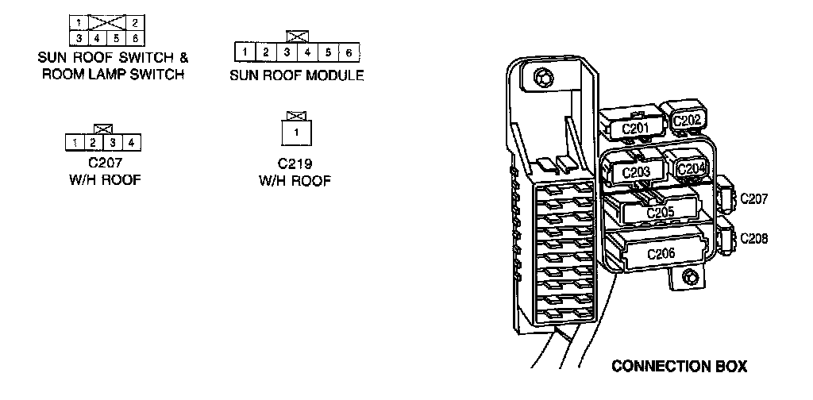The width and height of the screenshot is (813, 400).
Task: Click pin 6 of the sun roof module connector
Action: pos(349,52)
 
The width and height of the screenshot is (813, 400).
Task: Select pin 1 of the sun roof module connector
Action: pos(247,52)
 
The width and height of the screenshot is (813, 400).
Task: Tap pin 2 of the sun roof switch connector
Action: pos(135,23)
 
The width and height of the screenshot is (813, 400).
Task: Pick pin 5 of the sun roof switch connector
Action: pos(116,37)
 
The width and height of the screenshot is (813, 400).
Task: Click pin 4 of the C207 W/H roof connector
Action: pos(132,143)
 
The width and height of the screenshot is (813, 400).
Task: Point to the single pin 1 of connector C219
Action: pos(296,132)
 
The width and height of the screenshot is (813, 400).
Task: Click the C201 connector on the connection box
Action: pos(635,128)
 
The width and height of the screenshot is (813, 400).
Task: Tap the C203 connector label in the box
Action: pos(636,172)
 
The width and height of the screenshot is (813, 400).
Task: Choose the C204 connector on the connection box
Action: pos(692,168)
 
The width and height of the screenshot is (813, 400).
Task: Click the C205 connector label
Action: pos(660,212)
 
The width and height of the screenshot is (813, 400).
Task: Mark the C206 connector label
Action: pos(661,254)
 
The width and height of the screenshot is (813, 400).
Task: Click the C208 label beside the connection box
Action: pos(753,238)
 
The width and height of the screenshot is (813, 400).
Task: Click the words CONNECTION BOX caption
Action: pos(679,367)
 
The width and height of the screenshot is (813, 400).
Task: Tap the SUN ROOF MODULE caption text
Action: pos(296,76)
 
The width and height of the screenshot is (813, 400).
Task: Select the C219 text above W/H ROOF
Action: pos(295,164)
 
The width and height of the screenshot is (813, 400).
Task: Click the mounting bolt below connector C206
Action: pos(690,277)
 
